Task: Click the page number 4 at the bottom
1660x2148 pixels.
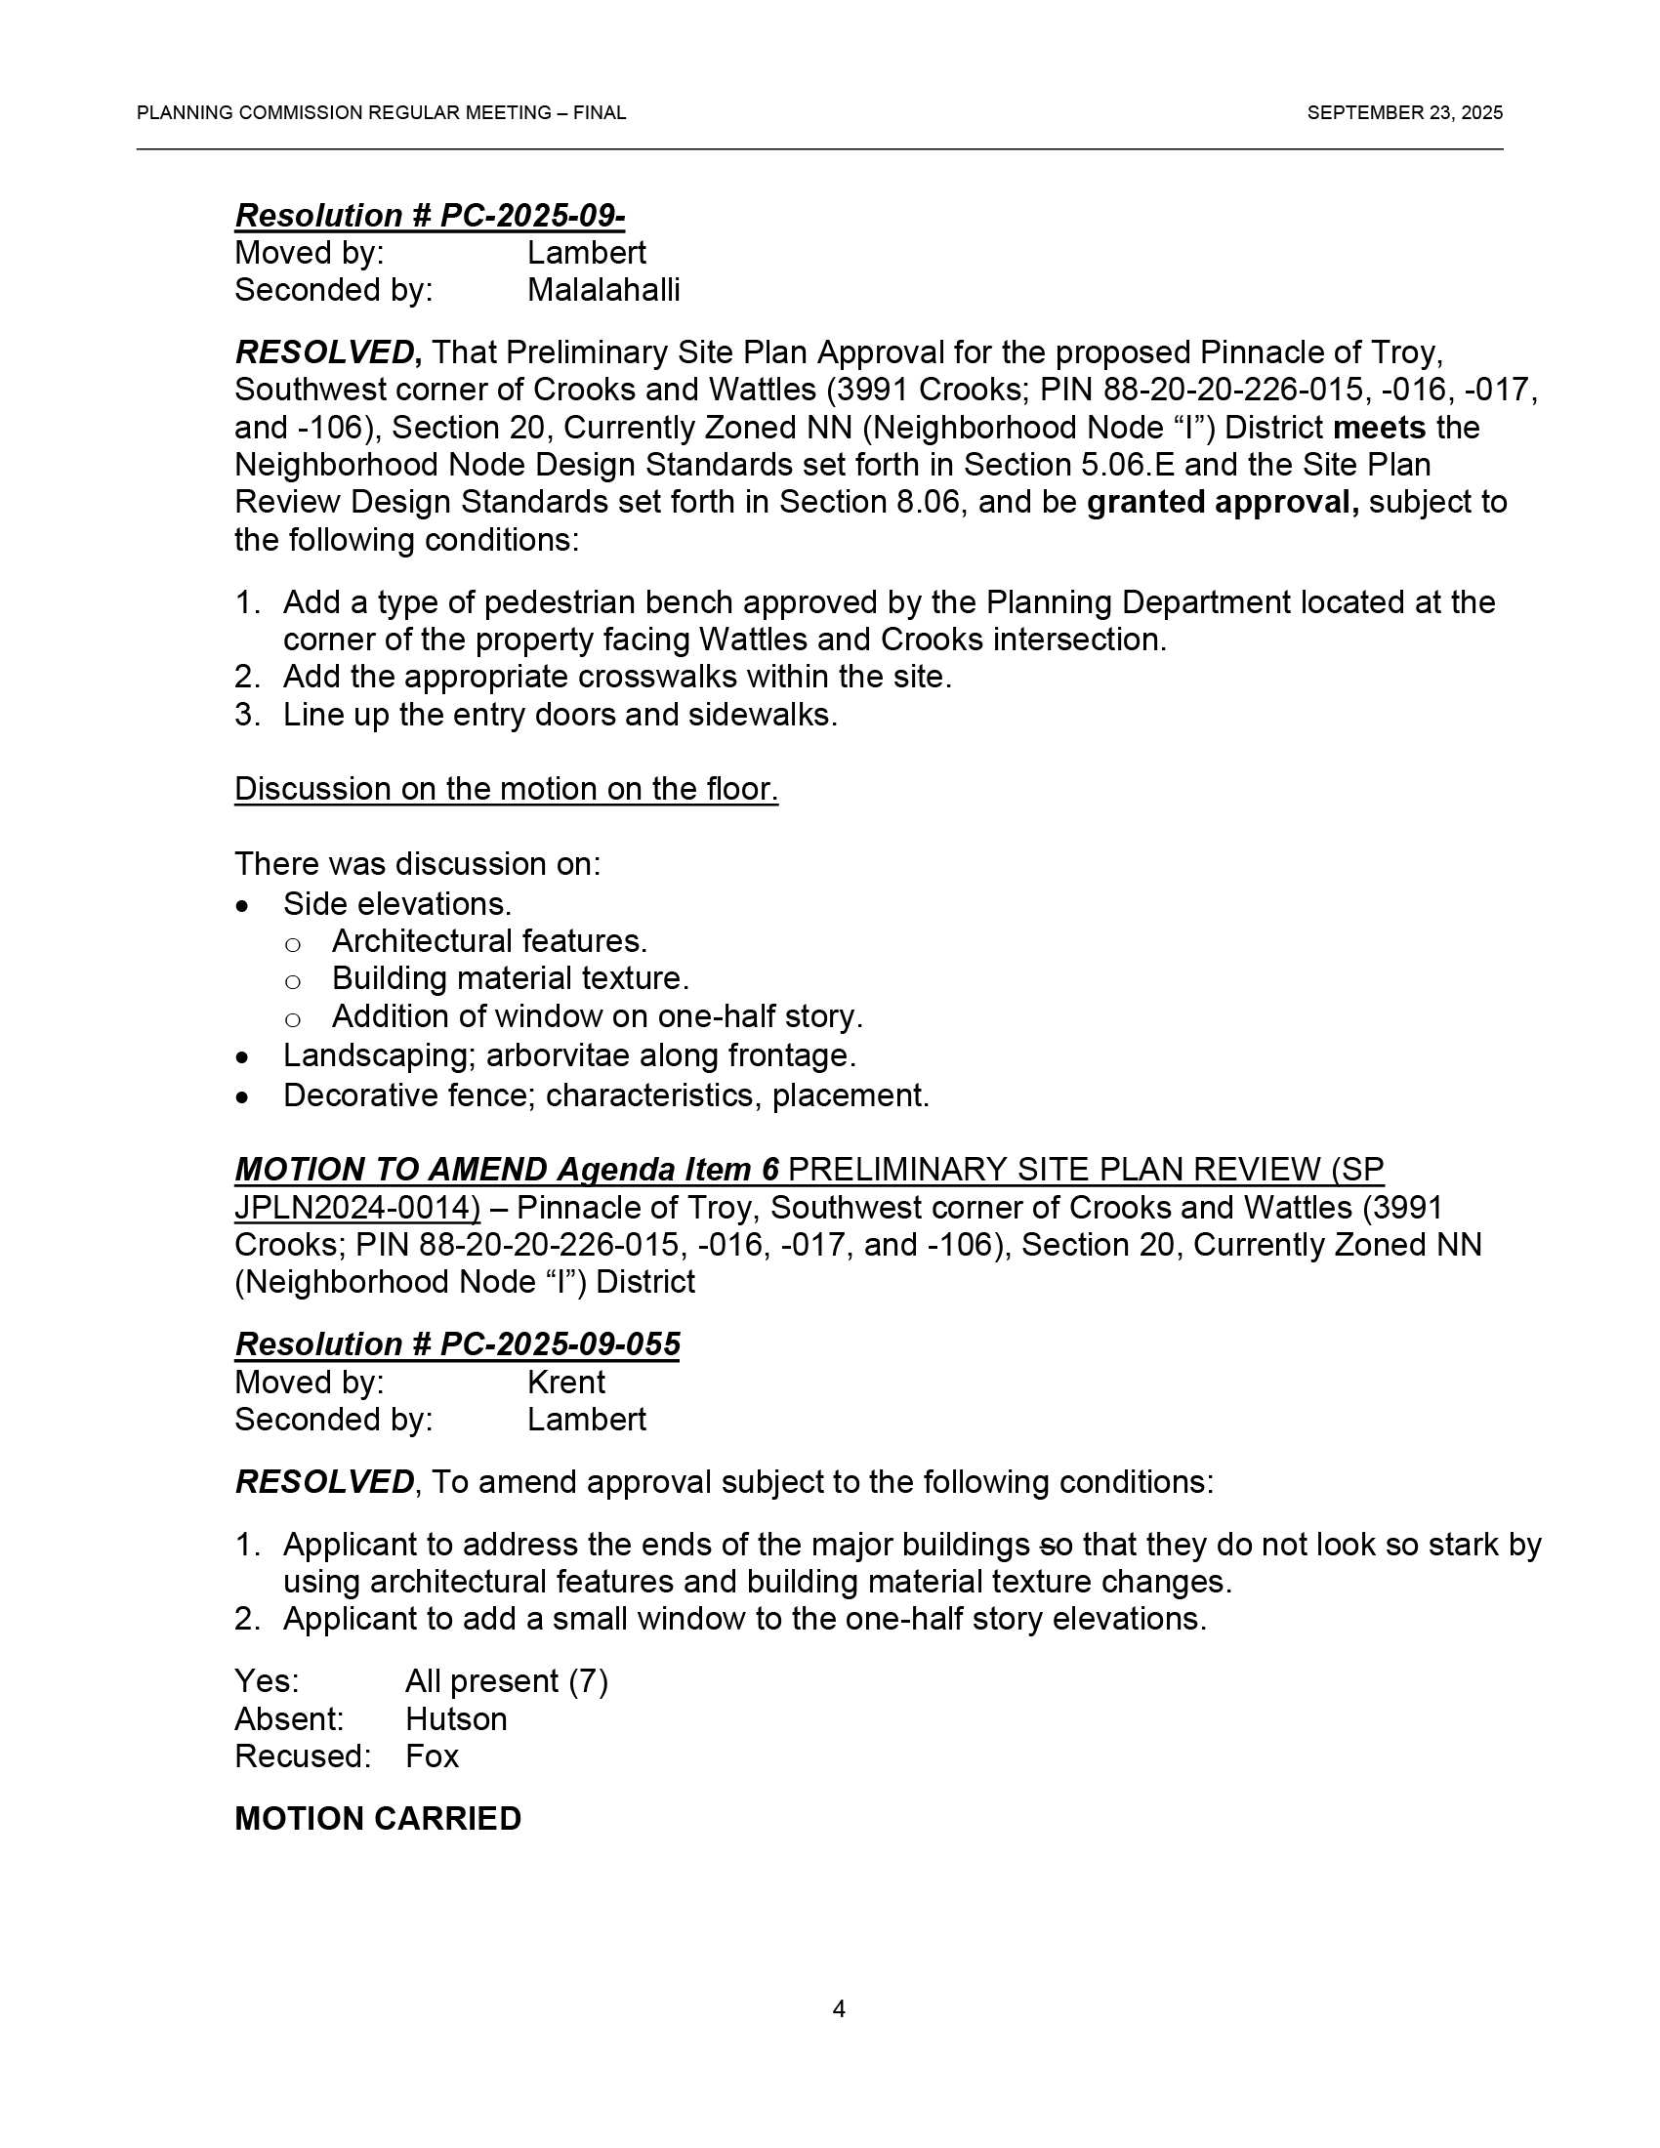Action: tap(838, 2008)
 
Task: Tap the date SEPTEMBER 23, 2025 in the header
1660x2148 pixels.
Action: tap(1404, 113)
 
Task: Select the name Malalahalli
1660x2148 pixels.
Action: tap(602, 290)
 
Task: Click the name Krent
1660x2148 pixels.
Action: tap(565, 1382)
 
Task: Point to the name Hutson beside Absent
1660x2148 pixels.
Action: tap(456, 1719)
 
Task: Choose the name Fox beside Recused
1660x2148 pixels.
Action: tap(432, 1756)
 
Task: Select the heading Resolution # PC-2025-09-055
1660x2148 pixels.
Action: tap(457, 1344)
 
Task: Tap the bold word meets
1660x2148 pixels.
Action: tap(1379, 428)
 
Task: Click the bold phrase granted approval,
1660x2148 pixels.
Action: tap(1223, 503)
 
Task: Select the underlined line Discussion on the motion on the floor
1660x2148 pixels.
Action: tap(506, 789)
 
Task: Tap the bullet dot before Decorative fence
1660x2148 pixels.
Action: tap(243, 1096)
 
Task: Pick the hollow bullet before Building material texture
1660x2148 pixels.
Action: tap(292, 980)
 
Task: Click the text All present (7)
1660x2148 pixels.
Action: tap(507, 1682)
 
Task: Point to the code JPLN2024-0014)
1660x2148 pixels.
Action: tap(357, 1208)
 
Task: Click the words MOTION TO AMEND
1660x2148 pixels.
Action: tap(391, 1170)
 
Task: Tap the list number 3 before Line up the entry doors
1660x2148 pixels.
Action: tap(246, 715)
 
